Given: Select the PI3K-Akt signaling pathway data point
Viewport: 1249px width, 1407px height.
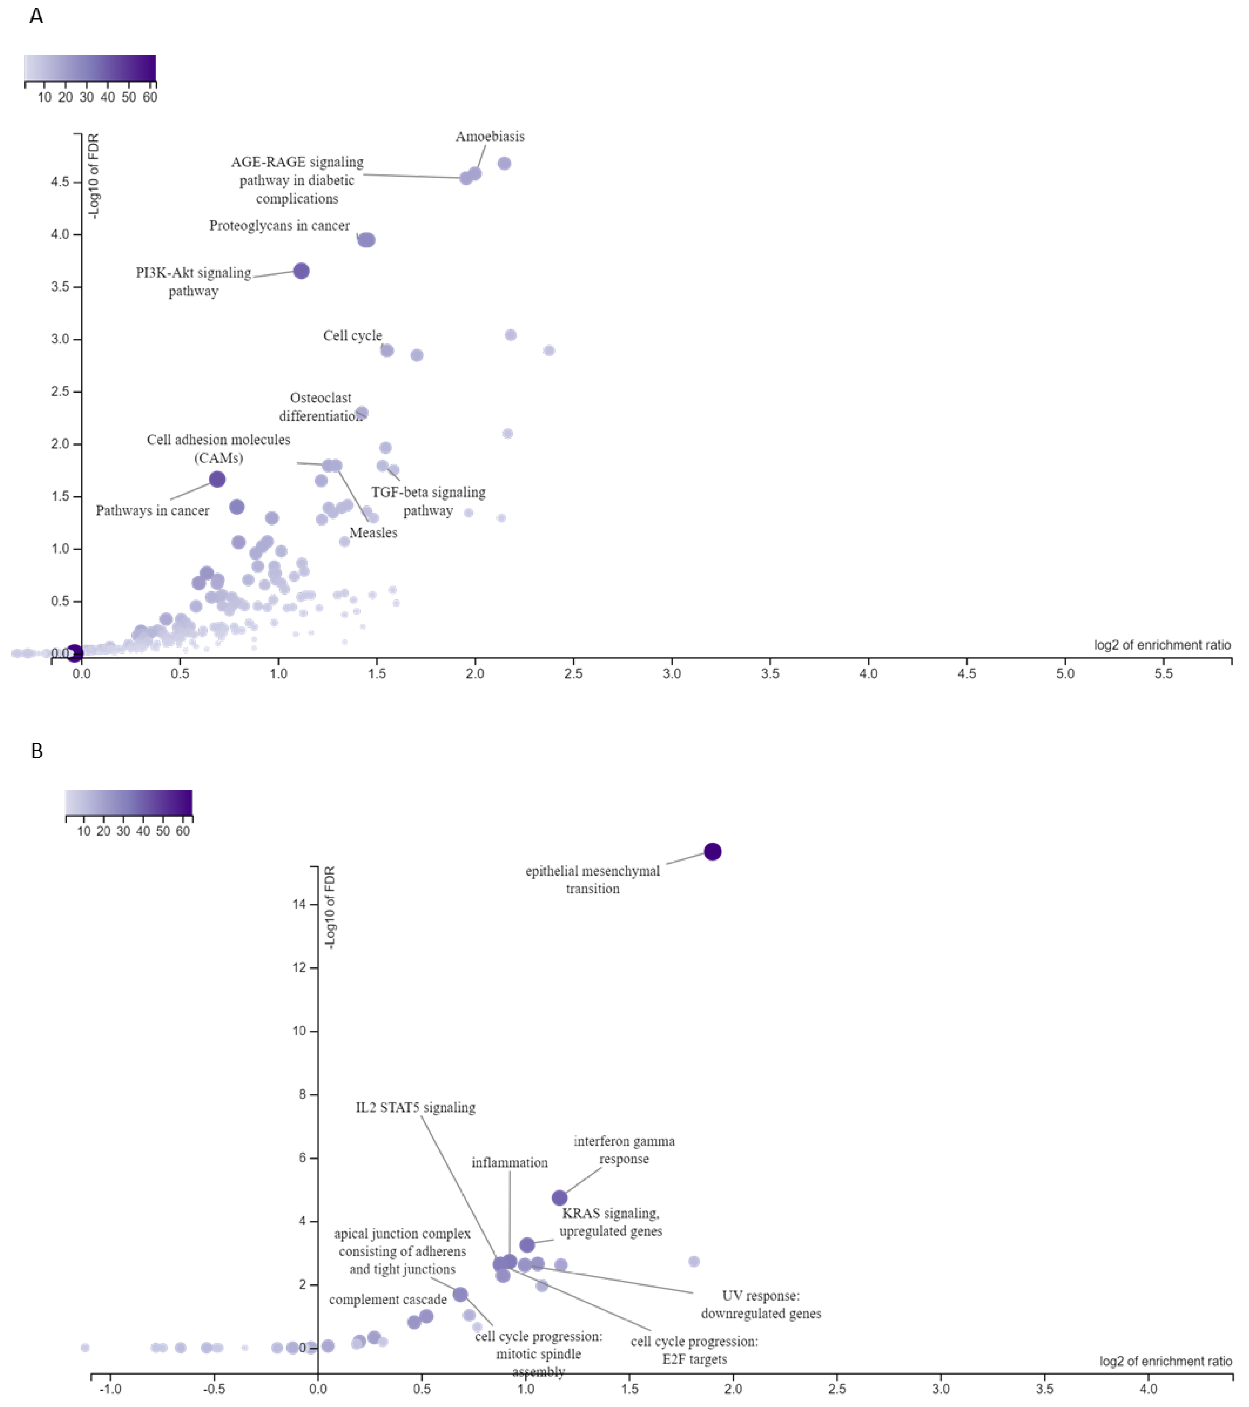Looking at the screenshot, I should point(301,271).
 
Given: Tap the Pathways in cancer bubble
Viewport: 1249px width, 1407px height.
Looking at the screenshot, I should point(217,479).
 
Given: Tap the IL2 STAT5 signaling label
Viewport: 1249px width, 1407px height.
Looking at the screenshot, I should point(415,1108).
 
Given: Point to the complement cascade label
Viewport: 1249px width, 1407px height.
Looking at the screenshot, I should point(388,1300).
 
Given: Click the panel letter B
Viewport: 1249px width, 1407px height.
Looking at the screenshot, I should point(37,751).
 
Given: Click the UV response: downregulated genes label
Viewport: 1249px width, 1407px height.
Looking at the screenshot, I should point(761,1304).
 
